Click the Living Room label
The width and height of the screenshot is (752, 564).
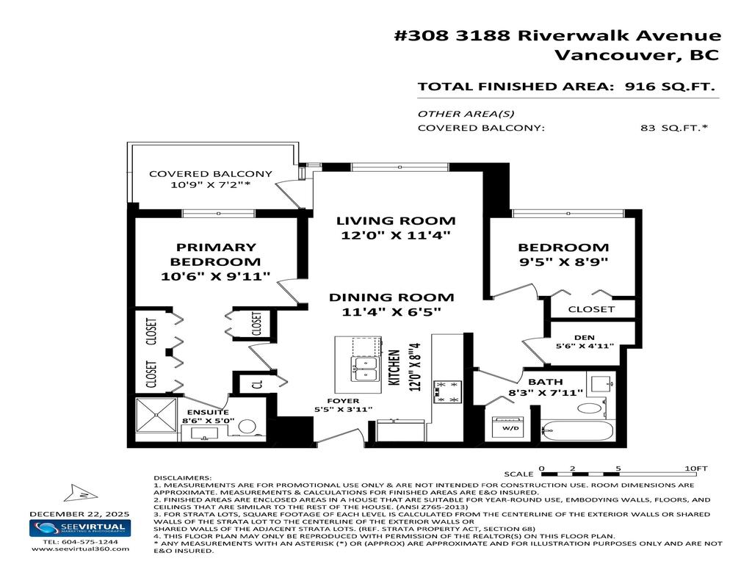click(396, 220)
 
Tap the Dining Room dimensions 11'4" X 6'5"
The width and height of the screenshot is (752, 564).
click(391, 312)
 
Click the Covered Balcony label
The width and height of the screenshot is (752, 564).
click(200, 174)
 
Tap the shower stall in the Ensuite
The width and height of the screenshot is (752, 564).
click(156, 420)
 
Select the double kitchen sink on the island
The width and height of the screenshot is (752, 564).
click(365, 368)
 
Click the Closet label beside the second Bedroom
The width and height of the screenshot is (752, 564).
click(591, 309)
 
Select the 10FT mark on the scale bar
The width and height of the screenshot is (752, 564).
click(695, 468)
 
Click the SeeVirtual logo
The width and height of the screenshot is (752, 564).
click(80, 529)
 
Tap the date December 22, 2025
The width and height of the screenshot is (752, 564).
click(79, 513)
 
